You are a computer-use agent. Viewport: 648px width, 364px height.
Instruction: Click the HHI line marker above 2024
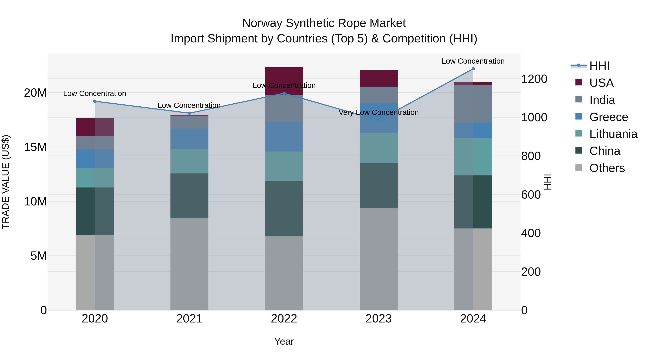(473, 69)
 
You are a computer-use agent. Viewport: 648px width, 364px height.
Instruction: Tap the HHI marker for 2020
(95, 101)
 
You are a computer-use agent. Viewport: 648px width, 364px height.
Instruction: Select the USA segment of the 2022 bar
(284, 75)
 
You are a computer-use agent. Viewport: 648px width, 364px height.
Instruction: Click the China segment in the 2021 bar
(189, 196)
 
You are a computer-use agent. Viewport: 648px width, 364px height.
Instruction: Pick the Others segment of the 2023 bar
(379, 259)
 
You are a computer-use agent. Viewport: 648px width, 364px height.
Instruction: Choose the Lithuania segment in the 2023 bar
(379, 148)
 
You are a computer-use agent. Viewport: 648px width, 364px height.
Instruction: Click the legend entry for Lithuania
(613, 134)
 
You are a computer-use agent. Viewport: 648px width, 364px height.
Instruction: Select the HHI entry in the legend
(599, 66)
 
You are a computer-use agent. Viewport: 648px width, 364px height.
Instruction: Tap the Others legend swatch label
(607, 168)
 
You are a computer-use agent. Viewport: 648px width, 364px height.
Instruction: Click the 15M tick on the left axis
(35, 147)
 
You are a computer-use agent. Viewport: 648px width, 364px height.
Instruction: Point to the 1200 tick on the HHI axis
(534, 79)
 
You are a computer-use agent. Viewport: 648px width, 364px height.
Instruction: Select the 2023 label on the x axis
(379, 319)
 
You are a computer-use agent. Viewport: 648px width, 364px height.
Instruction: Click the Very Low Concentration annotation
(379, 112)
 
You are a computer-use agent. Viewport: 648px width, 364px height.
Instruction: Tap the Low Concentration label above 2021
(189, 105)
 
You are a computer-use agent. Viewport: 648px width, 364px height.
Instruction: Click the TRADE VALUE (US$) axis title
(6, 182)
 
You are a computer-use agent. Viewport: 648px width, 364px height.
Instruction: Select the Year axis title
(284, 341)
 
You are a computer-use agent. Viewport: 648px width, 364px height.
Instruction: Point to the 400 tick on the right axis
(531, 233)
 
